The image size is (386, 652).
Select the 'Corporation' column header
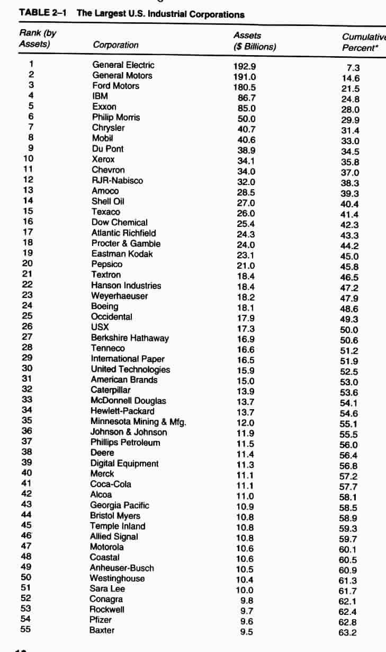point(115,45)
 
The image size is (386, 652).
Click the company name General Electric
point(123,65)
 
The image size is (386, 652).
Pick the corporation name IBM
point(100,96)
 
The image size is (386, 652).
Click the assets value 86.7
point(247,98)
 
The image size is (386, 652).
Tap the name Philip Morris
point(116,117)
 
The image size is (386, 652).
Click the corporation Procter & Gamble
point(126,243)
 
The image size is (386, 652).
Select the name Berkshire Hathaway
point(130,338)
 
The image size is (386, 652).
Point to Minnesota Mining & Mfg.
point(138,421)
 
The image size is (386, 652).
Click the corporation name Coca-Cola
point(111,484)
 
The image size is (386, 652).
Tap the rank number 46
point(27,536)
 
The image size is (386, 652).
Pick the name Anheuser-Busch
point(122,568)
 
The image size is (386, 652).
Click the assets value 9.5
point(246,632)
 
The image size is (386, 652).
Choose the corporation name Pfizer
point(102,620)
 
